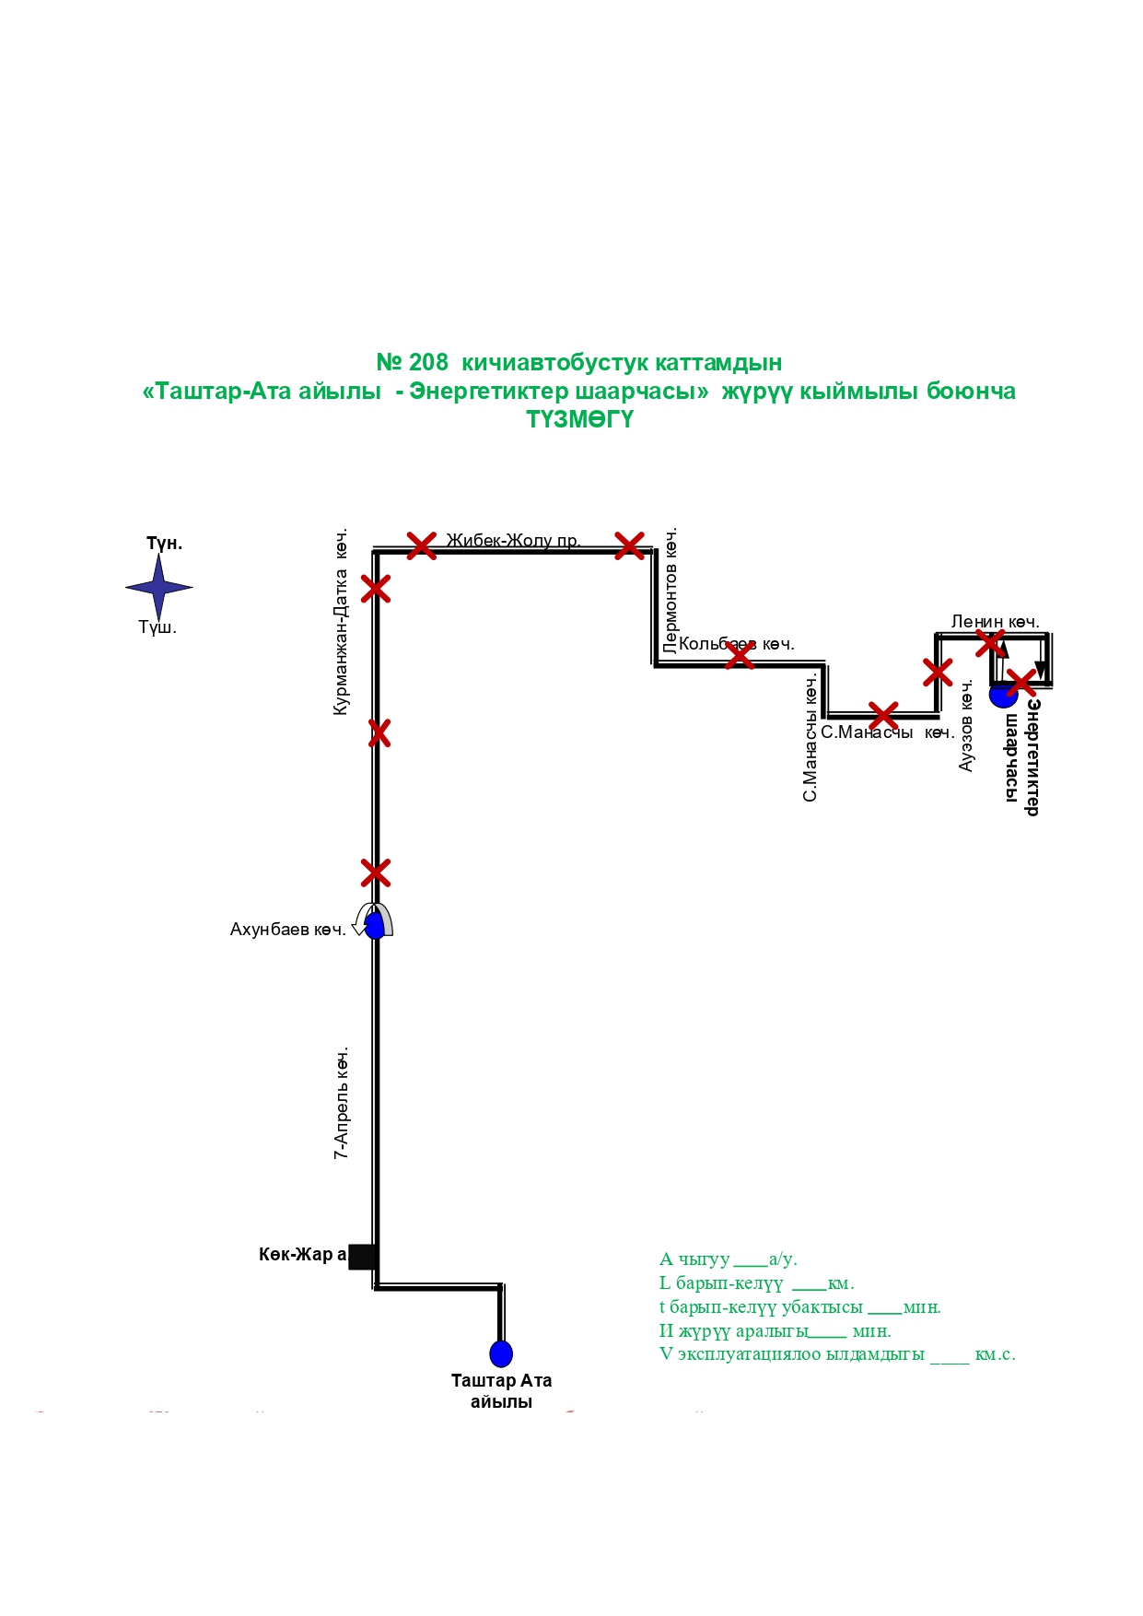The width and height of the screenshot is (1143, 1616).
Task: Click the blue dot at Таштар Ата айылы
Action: [500, 1353]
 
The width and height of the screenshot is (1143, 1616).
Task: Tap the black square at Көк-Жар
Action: [363, 1256]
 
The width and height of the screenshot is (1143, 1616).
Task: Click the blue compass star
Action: [158, 587]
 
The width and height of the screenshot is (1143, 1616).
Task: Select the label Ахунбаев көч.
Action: [287, 930]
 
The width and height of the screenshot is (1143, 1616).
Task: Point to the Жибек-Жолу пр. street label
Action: [513, 540]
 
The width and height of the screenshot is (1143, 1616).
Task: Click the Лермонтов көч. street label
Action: [671, 590]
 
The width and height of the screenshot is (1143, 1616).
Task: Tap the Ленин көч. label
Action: [995, 622]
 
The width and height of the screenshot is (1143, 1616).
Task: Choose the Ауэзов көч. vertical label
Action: [966, 726]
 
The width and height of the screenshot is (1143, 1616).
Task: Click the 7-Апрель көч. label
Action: [342, 1102]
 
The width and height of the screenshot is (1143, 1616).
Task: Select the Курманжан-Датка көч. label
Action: [341, 622]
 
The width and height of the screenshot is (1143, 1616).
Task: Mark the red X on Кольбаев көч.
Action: [740, 655]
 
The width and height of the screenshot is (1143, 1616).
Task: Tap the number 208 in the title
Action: [428, 362]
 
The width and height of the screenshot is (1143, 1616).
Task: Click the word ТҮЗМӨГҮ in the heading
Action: [579, 419]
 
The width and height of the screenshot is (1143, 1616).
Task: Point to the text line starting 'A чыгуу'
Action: [728, 1259]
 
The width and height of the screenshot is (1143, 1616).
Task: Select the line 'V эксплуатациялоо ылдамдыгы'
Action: [836, 1354]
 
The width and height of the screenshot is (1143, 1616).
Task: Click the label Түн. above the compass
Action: [164, 544]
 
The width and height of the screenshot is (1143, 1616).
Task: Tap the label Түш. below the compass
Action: [157, 627]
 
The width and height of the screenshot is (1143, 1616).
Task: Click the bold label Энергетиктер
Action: [1033, 756]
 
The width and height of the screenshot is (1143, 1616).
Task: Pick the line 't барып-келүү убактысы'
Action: [799, 1307]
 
